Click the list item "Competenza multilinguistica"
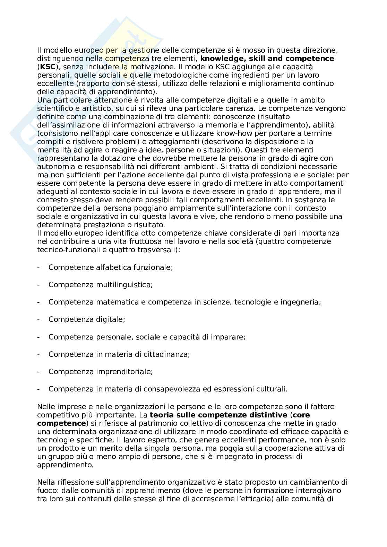[x=101, y=285]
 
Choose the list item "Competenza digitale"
[x=87, y=319]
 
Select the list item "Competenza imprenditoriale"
[x=101, y=372]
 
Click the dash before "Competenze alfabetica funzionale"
[x=38, y=267]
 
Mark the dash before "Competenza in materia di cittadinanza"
[x=38, y=354]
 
